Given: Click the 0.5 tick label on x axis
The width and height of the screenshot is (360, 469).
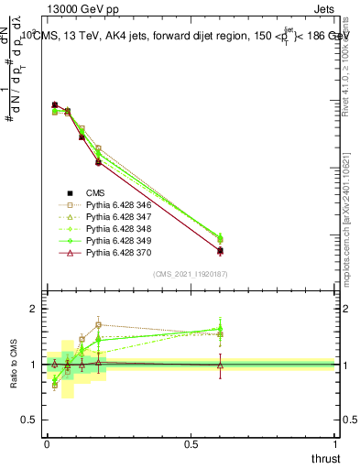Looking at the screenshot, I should point(191,444).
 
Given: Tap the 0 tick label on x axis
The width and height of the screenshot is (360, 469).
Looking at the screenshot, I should point(47,444).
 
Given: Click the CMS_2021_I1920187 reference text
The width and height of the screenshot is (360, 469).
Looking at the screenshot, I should point(190,274).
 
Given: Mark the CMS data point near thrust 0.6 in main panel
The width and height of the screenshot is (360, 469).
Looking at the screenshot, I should point(220,250).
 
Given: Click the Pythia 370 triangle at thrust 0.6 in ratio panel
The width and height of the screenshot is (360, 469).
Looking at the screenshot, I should point(220,365).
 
